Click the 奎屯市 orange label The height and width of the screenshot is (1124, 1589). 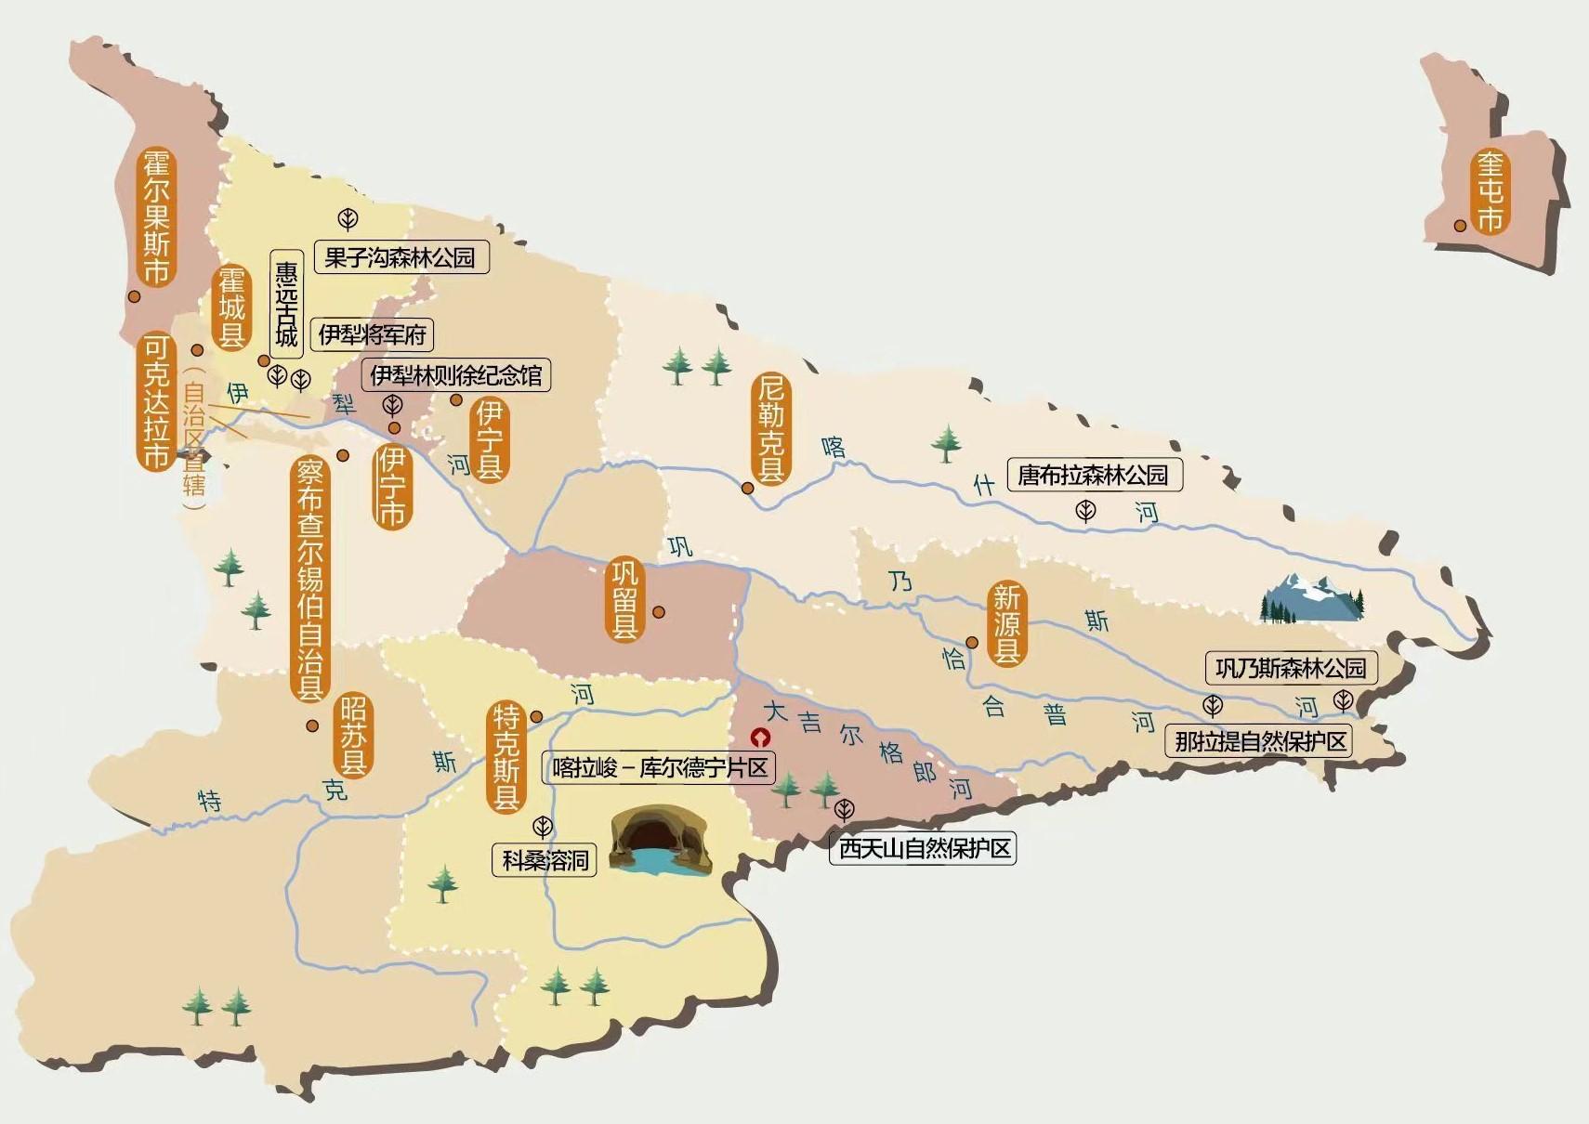click(1490, 192)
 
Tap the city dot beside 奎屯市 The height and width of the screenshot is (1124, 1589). click(1460, 226)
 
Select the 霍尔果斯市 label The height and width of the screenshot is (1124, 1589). click(156, 216)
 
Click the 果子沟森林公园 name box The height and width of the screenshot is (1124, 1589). click(401, 257)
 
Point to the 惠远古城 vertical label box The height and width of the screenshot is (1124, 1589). click(286, 304)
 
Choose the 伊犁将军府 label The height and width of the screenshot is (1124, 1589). click(372, 334)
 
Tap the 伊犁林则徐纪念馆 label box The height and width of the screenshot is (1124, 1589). click(455, 375)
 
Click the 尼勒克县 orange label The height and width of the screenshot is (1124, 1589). click(770, 427)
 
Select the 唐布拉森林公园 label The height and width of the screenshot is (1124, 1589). click(1094, 475)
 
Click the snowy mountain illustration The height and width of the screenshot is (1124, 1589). click(1312, 597)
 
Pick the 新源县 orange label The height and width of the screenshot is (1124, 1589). click(1006, 623)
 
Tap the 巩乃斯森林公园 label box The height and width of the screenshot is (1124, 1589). click(1291, 668)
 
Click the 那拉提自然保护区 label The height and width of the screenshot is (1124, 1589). click(1260, 741)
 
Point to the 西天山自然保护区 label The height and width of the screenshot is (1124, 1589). click(924, 848)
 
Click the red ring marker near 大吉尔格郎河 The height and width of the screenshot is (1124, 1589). click(761, 738)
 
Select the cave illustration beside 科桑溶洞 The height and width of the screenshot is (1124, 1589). click(661, 841)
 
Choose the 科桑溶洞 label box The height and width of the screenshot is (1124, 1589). click(545, 860)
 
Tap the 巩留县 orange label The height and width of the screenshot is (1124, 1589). click(624, 599)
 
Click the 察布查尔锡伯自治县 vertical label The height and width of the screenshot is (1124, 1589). click(309, 578)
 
